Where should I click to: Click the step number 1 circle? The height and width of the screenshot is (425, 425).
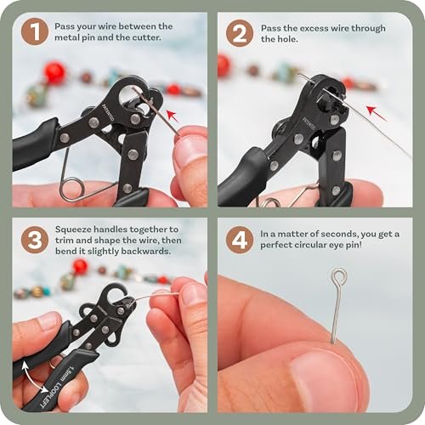(x=35, y=31)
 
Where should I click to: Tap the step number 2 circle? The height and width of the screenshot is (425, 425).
(x=240, y=33)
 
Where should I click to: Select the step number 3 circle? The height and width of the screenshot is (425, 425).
(x=35, y=240)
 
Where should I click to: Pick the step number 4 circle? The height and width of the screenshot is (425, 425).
(x=240, y=240)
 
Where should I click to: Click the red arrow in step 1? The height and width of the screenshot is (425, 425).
(x=173, y=116)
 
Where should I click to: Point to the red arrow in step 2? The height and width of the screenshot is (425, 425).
(x=377, y=113)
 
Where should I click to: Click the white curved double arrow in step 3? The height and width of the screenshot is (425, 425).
(x=33, y=377)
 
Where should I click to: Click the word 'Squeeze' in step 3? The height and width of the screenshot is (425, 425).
(x=73, y=229)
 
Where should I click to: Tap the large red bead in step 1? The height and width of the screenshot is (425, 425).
(x=54, y=71)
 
